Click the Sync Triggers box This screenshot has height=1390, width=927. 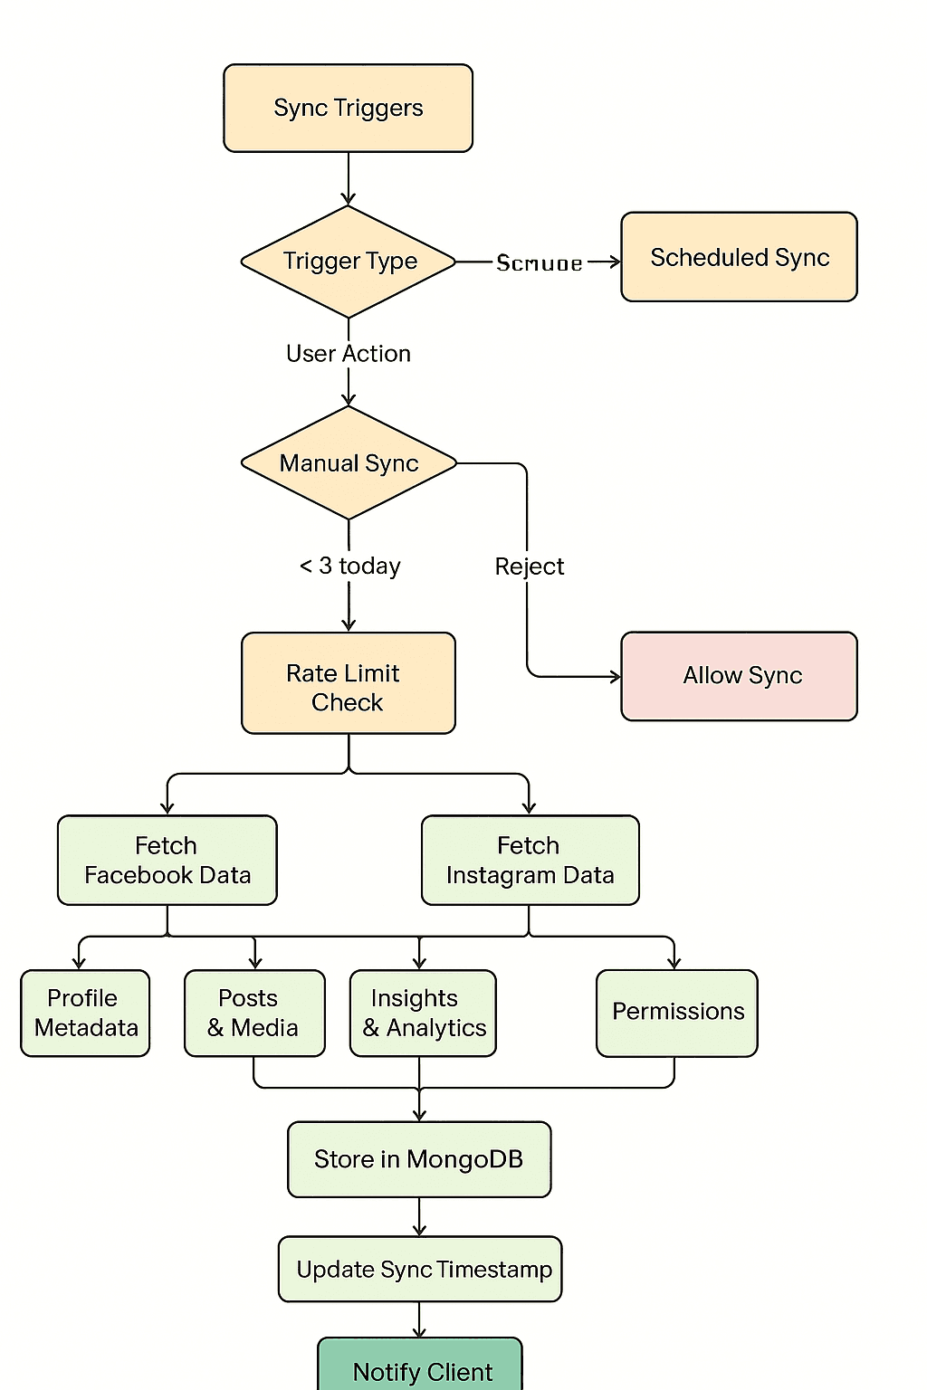click(348, 108)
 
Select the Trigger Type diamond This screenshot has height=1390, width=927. click(349, 262)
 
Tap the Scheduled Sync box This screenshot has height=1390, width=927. click(739, 257)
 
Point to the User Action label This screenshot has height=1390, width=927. click(349, 354)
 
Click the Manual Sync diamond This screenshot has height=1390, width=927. click(349, 463)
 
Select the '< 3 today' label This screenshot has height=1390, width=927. click(349, 566)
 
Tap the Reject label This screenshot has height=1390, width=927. click(529, 566)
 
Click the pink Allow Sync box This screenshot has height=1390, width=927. click(739, 676)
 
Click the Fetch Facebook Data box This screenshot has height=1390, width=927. click(167, 860)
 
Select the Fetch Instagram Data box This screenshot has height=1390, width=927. click(530, 860)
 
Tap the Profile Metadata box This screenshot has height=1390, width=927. click(85, 1013)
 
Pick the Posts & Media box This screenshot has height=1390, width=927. click(253, 1013)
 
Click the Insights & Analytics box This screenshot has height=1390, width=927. click(423, 1013)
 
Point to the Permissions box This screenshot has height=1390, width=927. click(677, 1013)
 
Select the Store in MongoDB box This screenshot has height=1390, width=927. click(419, 1159)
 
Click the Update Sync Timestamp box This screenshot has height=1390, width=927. click(420, 1269)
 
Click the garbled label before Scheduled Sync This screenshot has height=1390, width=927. click(540, 263)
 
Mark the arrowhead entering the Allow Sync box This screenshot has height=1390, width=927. click(616, 676)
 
